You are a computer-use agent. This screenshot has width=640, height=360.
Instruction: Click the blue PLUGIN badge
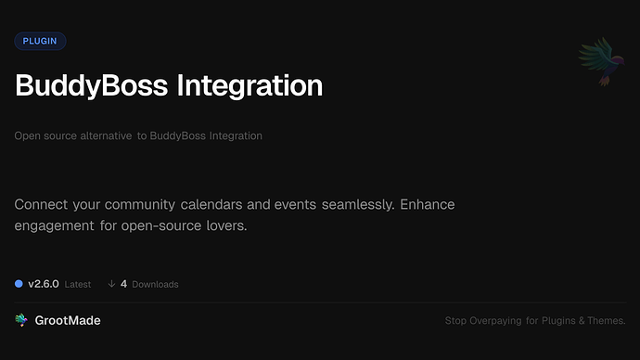coord(40,41)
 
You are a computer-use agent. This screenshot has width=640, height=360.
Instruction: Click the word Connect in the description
coord(47,204)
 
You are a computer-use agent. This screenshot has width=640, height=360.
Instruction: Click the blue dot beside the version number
coord(19,283)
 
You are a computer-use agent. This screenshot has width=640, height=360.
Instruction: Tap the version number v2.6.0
coord(44,283)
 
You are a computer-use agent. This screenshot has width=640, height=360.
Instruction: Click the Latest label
coord(78,284)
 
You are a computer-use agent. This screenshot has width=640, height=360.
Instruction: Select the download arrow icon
coord(111,283)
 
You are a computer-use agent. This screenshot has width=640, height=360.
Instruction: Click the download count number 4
coord(123,283)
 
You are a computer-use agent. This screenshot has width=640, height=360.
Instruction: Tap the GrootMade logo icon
coord(20,320)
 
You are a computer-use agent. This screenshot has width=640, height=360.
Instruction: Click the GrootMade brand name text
coord(68,320)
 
